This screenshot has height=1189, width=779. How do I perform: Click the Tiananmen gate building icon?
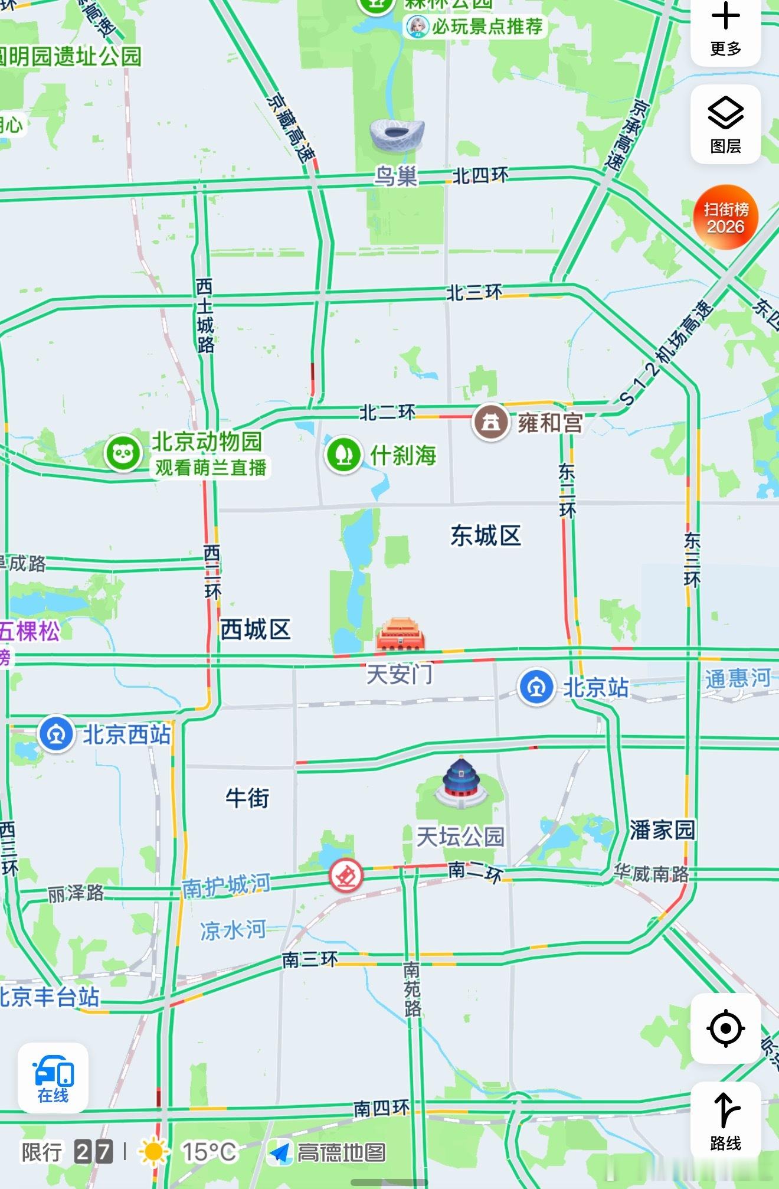(401, 635)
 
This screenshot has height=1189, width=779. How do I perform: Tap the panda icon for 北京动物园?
(123, 453)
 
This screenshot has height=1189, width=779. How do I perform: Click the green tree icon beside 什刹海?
(343, 455)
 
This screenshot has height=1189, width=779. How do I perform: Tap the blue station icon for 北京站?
(536, 687)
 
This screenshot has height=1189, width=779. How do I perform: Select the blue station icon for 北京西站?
(56, 734)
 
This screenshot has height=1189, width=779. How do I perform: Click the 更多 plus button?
(725, 30)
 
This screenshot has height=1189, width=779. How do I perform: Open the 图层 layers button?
(725, 125)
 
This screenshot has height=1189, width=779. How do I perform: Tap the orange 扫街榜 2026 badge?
(725, 217)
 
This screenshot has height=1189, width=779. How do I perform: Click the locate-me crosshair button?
(725, 1028)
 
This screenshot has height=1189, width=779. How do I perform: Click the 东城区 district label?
(486, 535)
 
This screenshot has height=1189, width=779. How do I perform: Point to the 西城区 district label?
(256, 629)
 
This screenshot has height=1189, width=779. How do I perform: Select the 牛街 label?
(247, 798)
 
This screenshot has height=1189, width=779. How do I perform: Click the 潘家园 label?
(662, 829)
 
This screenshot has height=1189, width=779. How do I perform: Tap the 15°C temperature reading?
(209, 1152)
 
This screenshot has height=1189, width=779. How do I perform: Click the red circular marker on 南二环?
(346, 875)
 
